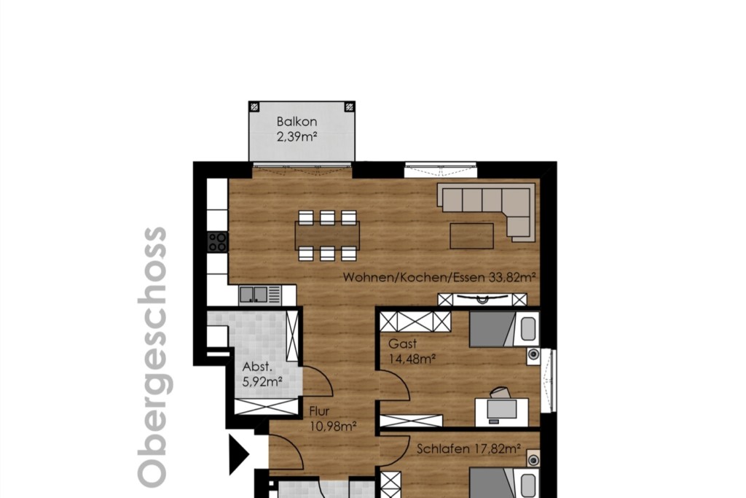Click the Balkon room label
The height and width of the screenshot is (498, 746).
pos(297,122)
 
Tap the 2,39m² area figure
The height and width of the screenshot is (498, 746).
pos(297,137)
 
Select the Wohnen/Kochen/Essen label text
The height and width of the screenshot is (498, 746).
pos(414,277)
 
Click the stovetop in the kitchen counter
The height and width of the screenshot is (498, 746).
pos(218,242)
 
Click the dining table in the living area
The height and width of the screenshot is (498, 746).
pos(327,236)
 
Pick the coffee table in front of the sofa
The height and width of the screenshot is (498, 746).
pos(471,236)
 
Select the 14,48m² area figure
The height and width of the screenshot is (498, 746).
pos(412,359)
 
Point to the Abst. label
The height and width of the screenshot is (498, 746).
pos(257,367)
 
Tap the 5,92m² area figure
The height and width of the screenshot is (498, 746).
pos(262,381)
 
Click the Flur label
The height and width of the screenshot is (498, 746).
pos(319,411)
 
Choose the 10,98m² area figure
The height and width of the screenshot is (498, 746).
pos(333,426)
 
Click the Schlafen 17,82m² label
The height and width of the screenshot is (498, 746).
pos(468,448)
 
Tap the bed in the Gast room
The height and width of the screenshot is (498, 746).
pos(504,329)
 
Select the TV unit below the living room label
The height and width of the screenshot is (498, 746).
pos(482,300)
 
